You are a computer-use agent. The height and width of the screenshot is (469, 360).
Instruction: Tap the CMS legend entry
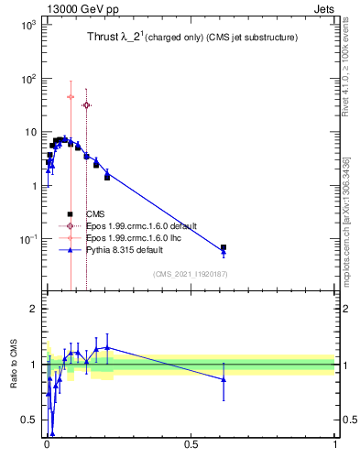click(x=96, y=214)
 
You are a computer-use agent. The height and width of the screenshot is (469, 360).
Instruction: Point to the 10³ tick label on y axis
click(x=27, y=25)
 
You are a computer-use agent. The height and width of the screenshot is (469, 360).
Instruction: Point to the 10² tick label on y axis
click(x=27, y=79)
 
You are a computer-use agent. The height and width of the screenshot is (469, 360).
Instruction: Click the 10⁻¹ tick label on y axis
click(x=27, y=239)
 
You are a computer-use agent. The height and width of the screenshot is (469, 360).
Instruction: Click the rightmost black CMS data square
click(x=224, y=247)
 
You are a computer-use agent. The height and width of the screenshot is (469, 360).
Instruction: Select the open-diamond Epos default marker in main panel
click(x=86, y=105)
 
